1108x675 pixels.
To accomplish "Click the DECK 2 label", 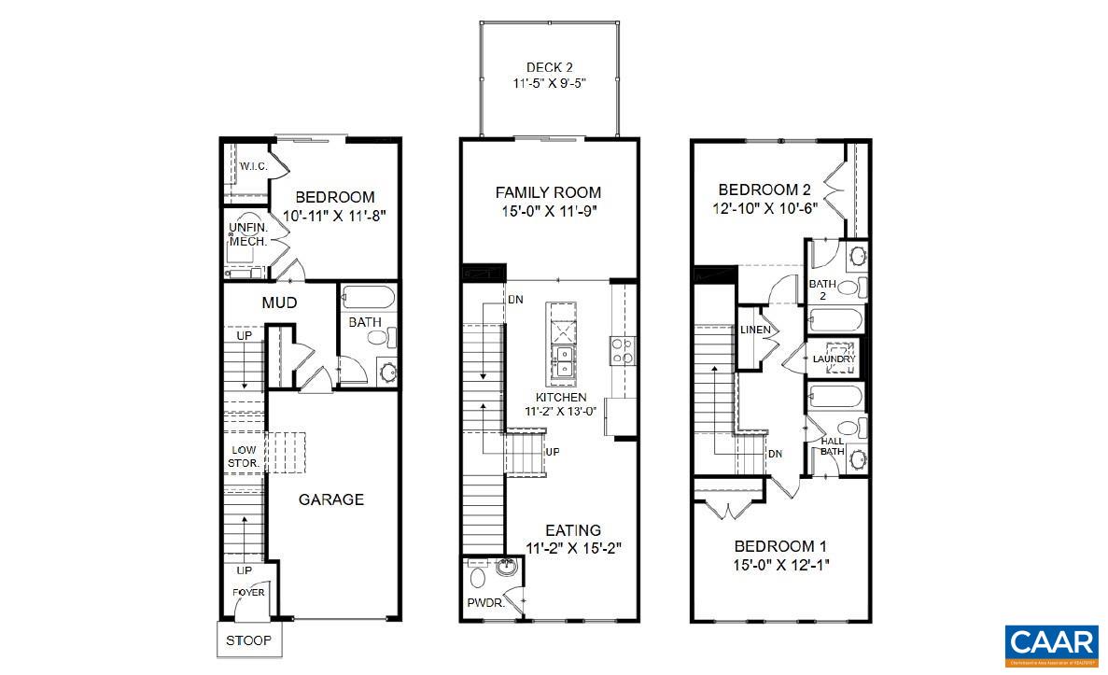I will [549, 67].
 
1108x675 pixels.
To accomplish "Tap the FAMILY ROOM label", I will [548, 192].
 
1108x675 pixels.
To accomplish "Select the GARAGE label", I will [330, 499].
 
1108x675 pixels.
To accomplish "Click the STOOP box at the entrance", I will [248, 640].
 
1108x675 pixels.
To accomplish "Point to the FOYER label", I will [248, 592].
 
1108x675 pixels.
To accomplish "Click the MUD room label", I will [279, 302].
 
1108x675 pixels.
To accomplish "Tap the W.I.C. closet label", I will [254, 166].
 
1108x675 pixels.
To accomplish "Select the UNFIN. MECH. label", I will [248, 234].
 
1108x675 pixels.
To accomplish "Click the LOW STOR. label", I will [245, 456].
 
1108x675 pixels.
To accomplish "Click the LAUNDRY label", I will [834, 359].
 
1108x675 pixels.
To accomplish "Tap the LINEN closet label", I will [755, 330].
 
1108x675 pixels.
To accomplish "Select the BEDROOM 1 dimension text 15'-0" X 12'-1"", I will [780, 564].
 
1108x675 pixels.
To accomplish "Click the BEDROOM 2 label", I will [771, 190].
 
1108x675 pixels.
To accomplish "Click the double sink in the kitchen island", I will [563, 362].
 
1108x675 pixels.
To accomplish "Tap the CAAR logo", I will [1051, 643].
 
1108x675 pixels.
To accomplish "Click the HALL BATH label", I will [832, 446].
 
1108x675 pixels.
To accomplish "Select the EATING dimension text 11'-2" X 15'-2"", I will [574, 548].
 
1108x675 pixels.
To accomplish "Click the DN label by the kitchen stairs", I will [515, 300].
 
